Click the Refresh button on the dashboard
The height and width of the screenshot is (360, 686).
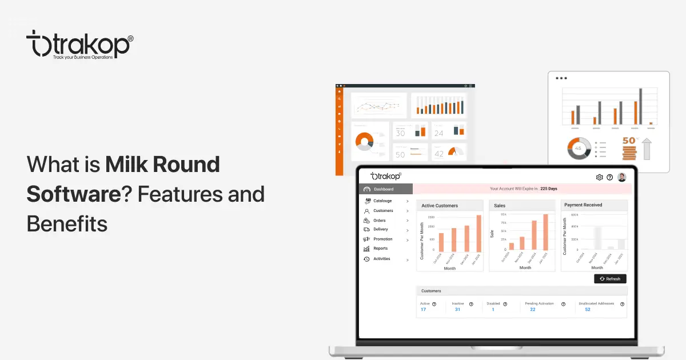(610, 279)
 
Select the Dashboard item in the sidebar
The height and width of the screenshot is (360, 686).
(384, 189)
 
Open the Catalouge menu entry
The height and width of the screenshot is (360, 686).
(382, 201)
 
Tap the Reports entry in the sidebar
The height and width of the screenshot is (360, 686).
(380, 249)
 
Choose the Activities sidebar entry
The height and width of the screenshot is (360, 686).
(381, 259)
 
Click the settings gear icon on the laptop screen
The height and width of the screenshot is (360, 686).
(600, 177)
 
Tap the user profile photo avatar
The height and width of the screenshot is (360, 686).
(622, 177)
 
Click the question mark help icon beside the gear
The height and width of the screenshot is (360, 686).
(610, 177)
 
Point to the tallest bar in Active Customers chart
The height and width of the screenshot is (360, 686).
(478, 233)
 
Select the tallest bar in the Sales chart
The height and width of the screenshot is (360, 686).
(545, 232)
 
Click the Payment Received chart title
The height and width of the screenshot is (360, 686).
(583, 205)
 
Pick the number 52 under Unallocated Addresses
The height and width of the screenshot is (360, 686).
(588, 310)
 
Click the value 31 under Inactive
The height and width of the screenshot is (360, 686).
(457, 310)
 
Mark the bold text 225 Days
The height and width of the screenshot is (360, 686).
(549, 189)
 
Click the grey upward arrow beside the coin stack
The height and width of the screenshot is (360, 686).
(647, 148)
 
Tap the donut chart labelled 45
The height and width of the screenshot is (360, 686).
(578, 149)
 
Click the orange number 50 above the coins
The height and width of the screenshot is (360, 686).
(629, 140)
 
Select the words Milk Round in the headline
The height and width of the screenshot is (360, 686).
(163, 165)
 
